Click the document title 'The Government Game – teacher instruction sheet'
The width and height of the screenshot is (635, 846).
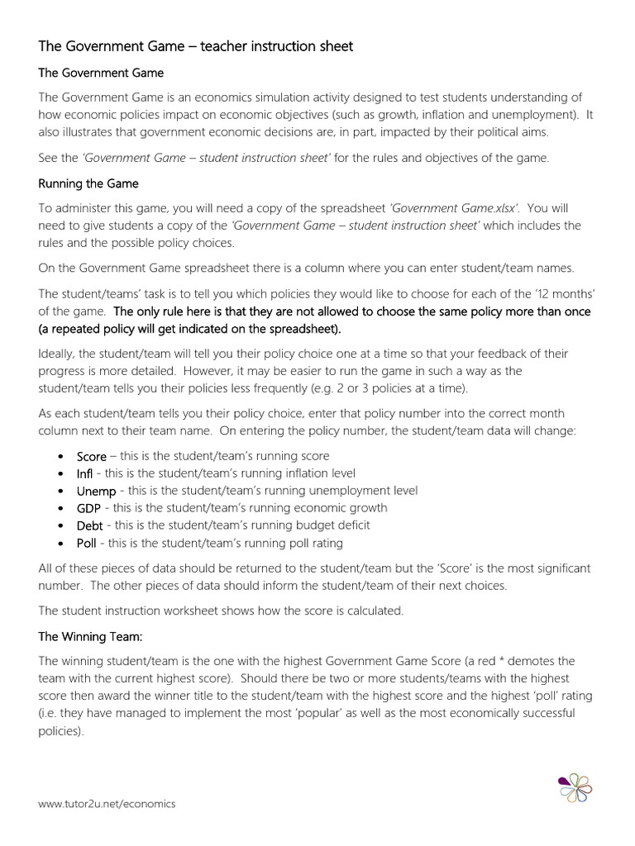(x=196, y=46)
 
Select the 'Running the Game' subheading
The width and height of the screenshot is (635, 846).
(x=88, y=183)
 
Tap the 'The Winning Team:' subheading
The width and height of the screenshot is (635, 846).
(x=90, y=637)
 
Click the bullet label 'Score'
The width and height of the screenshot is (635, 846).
(x=92, y=456)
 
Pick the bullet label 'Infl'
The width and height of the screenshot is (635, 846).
(x=84, y=473)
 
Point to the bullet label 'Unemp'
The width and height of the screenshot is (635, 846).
(x=96, y=491)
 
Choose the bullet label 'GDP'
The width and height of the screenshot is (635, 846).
(x=88, y=508)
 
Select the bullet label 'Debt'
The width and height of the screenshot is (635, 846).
(x=90, y=525)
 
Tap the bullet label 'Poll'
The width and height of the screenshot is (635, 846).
(x=87, y=543)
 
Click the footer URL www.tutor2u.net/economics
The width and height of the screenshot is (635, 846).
(x=107, y=804)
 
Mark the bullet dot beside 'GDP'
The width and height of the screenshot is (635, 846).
(x=62, y=509)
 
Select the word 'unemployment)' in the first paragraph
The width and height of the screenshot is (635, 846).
(x=526, y=115)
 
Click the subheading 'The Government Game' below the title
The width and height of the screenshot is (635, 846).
(x=101, y=73)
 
